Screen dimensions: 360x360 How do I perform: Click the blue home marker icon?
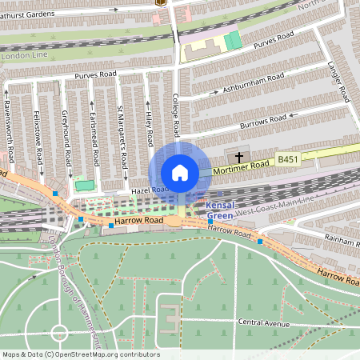pyautogui.click(x=180, y=172)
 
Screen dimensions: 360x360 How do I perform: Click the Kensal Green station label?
pyautogui.click(x=220, y=210)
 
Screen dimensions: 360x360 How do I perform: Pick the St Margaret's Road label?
pyautogui.click(x=122, y=136)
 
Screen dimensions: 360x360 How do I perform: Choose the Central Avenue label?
pyautogui.click(x=262, y=322)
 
